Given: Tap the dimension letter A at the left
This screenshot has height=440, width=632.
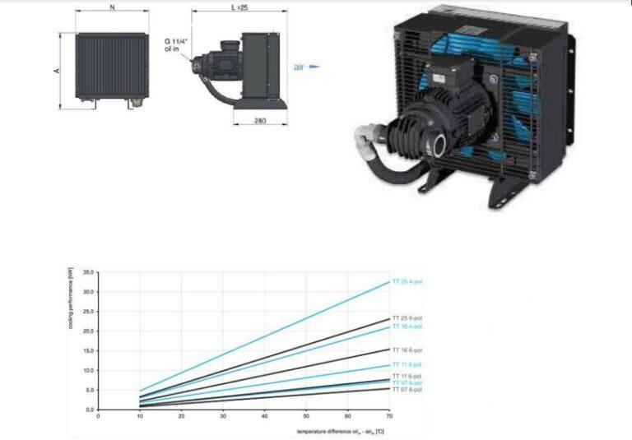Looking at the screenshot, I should click(57, 71).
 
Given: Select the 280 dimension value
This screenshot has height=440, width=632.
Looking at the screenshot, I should click(259, 120).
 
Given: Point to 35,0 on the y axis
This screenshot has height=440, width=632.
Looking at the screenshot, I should click(89, 271).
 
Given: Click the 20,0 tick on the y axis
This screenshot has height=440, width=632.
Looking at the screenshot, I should click(89, 331).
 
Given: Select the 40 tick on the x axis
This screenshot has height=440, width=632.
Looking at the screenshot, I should click(264, 416).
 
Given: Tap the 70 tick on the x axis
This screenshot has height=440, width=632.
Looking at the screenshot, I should click(388, 416).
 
